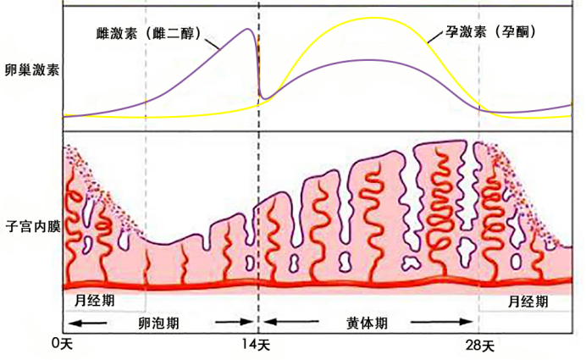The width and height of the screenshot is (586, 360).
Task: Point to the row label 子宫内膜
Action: point(31,228)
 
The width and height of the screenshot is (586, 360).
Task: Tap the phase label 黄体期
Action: point(368,323)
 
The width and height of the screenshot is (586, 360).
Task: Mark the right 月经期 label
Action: point(527,301)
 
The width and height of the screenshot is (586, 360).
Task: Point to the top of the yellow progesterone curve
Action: point(373,18)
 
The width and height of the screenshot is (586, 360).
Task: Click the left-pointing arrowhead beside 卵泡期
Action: point(73,323)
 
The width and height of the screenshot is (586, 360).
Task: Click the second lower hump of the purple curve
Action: point(368,59)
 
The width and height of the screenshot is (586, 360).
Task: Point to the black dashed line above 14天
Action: point(258,169)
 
